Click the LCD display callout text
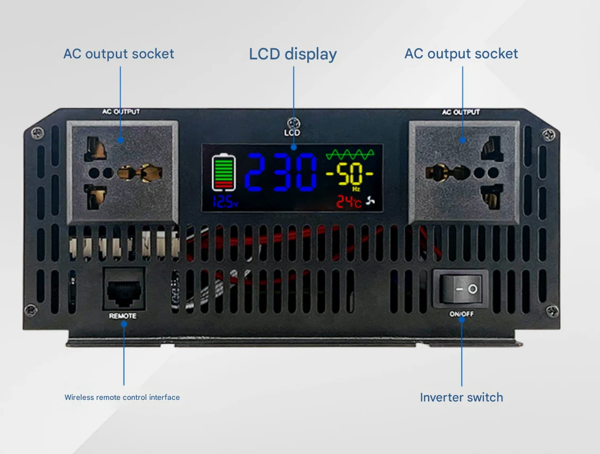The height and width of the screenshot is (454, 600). (x=293, y=54)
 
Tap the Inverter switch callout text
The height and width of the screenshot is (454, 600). (x=461, y=397)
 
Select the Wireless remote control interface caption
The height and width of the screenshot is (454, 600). (x=122, y=397)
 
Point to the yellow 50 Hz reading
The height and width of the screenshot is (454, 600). (x=349, y=174)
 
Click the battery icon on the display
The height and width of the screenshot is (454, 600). (x=223, y=172)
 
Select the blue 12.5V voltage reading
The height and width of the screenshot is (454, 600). (x=225, y=202)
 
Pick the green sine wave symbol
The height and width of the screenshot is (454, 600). (x=350, y=154)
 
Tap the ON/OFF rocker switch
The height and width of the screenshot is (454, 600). (x=460, y=289)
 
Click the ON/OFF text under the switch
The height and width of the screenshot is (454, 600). (x=461, y=314)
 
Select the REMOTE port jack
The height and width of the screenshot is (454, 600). (x=123, y=289)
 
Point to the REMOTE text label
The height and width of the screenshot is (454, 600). (x=123, y=316)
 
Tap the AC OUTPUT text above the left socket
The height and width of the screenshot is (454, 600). (x=121, y=112)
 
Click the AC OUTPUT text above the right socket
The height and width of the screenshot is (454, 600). (x=460, y=112)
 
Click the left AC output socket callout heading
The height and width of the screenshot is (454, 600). (x=119, y=54)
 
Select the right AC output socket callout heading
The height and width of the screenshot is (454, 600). (x=461, y=54)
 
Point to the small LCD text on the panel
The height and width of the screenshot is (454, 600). (x=292, y=133)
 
